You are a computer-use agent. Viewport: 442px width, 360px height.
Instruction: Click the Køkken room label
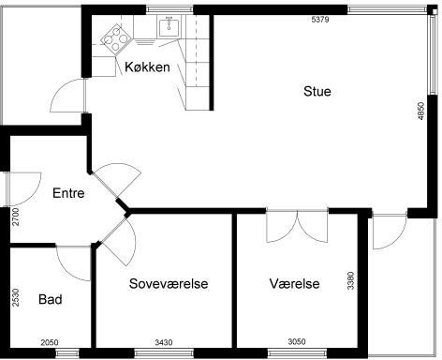[x=147, y=67]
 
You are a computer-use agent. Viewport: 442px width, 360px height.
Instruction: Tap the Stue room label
[x=317, y=91]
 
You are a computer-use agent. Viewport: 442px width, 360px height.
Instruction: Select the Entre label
[x=68, y=193]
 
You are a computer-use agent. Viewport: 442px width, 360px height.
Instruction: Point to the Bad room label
[x=51, y=299]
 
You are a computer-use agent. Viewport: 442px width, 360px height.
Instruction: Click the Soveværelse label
[x=169, y=283]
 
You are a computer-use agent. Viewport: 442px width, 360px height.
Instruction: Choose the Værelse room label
[x=294, y=283]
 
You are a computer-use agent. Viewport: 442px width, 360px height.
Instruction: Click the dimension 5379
[x=320, y=20]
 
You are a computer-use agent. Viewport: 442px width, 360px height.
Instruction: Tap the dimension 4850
[x=421, y=111]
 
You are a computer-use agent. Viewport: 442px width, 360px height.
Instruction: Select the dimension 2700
[x=16, y=217]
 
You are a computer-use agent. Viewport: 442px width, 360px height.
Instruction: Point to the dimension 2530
[x=16, y=298]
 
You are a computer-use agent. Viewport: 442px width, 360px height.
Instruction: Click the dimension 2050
[x=50, y=342]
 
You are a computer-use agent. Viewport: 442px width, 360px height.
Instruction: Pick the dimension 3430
[x=164, y=342]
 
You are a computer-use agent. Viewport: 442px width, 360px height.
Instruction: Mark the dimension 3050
[x=297, y=341]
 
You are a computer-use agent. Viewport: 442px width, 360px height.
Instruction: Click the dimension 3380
[x=351, y=280]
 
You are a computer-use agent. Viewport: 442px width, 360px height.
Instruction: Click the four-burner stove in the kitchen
[x=116, y=39]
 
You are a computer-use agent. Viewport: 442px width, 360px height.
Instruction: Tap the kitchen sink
[x=169, y=27]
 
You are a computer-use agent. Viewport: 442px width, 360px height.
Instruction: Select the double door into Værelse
[x=297, y=226]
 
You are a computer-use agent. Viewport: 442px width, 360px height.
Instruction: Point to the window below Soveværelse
[x=164, y=353]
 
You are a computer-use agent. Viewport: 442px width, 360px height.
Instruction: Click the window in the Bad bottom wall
[x=67, y=353]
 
